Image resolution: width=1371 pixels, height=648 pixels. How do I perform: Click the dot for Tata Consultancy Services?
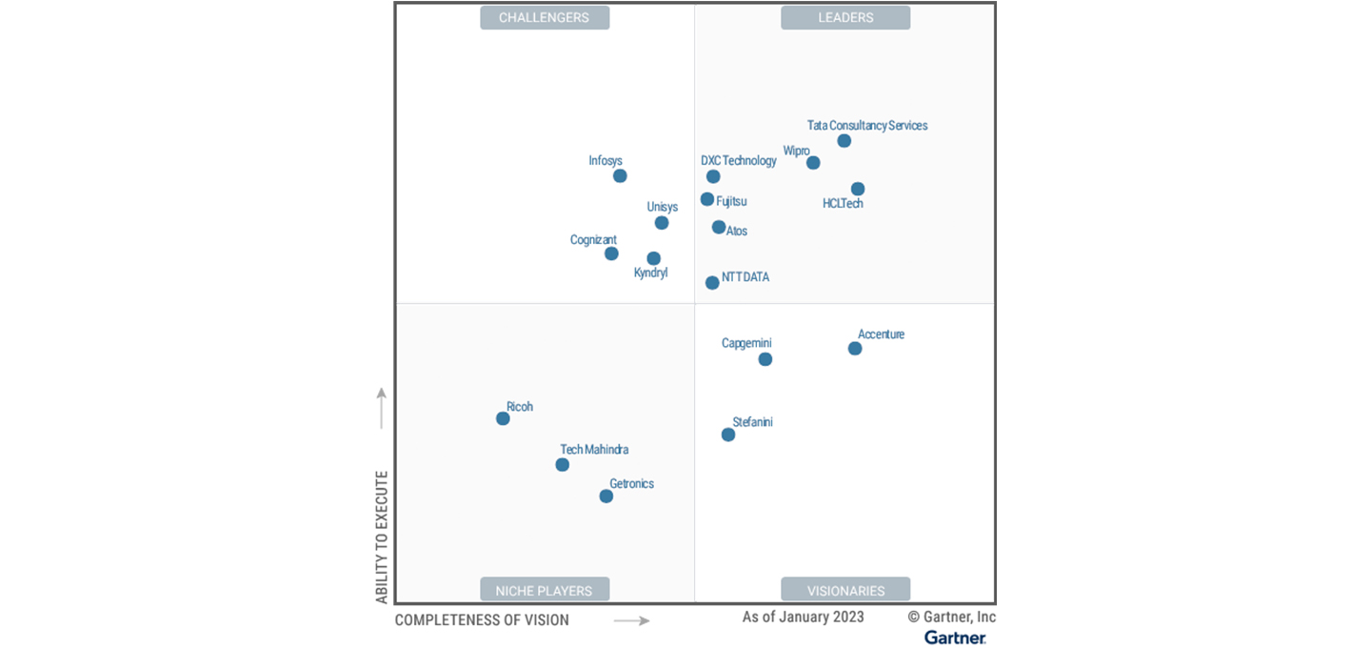(x=844, y=141)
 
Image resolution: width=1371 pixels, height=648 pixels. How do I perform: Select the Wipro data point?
(x=813, y=163)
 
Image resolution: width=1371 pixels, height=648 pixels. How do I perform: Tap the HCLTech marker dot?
(x=858, y=189)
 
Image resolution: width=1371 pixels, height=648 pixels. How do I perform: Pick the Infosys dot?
(x=620, y=175)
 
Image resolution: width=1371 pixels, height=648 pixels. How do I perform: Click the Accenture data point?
(x=855, y=349)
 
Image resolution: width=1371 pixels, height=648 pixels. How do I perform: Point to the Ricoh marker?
(x=503, y=418)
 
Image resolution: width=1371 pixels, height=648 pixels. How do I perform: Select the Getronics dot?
(x=606, y=496)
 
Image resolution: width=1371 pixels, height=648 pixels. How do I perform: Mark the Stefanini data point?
(x=728, y=435)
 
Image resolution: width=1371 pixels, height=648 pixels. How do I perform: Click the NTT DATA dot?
(x=712, y=283)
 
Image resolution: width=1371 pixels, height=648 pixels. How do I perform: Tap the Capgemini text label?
(x=746, y=343)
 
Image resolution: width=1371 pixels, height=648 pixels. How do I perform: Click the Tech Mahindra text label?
(x=594, y=450)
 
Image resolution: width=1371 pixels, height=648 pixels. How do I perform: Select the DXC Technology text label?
(x=739, y=161)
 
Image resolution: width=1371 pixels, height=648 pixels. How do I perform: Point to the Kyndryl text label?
(x=651, y=273)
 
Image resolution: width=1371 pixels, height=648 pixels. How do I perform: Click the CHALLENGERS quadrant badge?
(x=545, y=17)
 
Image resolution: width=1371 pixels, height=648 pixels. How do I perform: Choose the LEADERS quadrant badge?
(x=845, y=17)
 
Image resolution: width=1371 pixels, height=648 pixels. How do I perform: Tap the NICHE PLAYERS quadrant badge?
(x=545, y=591)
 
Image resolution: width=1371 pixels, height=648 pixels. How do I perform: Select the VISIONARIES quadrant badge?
(x=845, y=591)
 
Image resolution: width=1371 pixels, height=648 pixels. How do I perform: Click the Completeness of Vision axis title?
(x=482, y=620)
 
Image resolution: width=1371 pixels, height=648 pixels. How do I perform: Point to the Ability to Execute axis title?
(x=382, y=537)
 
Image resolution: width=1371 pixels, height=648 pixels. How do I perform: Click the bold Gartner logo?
(x=955, y=638)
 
